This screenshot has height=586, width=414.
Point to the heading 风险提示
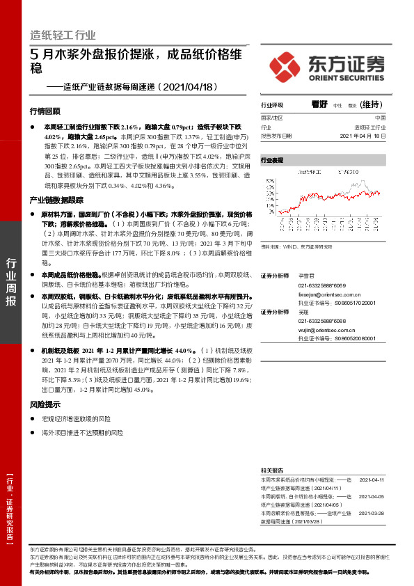pyautogui.click(x=45, y=404)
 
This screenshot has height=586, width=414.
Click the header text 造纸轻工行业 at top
pyautogui.click(x=63, y=35)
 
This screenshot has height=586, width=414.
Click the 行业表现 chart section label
pyautogui.click(x=272, y=160)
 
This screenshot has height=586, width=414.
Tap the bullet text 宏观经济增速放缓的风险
pyautogui.click(x=77, y=419)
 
